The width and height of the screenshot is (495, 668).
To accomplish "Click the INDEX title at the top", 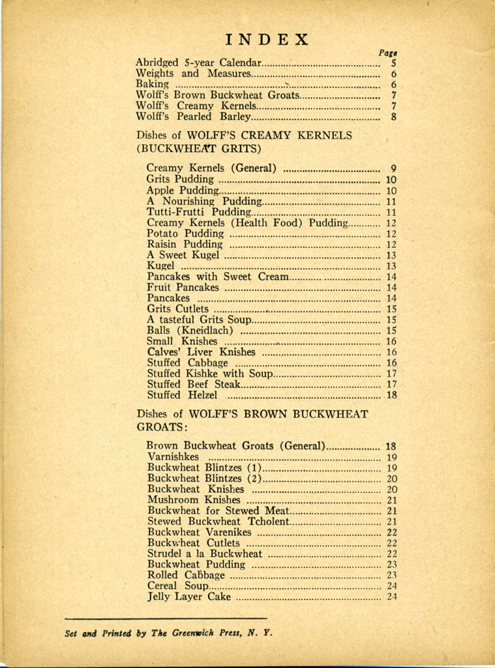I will [x=267, y=39].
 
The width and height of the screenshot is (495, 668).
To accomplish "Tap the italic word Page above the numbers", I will [x=389, y=53].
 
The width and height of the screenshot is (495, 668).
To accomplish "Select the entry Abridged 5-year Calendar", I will [x=198, y=63].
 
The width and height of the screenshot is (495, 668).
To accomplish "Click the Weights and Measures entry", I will [x=192, y=74].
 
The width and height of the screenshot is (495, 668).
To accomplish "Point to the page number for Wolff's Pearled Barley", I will [x=394, y=117].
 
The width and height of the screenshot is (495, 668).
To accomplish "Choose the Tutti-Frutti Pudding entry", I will [x=198, y=212].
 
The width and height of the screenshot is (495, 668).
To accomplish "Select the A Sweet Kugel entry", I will [x=183, y=255].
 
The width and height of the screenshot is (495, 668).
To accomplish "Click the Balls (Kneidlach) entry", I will [x=190, y=330].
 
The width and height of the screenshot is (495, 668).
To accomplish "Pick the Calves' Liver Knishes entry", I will [x=201, y=352].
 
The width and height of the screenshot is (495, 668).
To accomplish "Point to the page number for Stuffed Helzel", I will [x=392, y=395].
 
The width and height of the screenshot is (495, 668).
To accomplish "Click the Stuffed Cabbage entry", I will [x=187, y=363].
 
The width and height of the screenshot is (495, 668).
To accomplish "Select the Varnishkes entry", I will [x=173, y=457].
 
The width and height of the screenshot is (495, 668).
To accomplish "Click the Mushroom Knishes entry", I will [x=194, y=500].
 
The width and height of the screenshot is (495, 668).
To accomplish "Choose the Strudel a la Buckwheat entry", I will [x=205, y=554].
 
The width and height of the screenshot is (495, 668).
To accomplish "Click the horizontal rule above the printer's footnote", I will [x=166, y=617].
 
